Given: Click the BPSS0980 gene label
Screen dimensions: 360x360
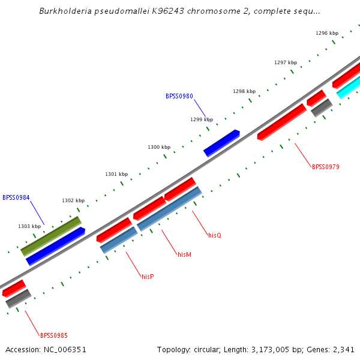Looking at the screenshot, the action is coord(179,96).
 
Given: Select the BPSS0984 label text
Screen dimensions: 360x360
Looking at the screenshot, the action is coord(16,197).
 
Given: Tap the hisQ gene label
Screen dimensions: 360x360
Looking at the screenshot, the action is coord(215,235).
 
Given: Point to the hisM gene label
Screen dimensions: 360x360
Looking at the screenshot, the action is coord(184,254).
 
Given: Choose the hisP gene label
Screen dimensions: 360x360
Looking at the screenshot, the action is coord(148,277).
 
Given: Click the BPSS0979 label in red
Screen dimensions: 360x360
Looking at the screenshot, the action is coord(326,167).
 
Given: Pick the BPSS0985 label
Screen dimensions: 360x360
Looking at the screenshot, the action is coord(54,335).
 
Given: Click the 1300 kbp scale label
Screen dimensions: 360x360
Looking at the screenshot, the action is coord(159,147).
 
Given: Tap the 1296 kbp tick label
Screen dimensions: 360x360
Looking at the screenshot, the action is coord(327,33).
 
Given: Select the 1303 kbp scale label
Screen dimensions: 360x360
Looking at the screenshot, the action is coord(29,226).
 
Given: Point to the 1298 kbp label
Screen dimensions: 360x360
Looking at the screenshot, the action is coord(244,91).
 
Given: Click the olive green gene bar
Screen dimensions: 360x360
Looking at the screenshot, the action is coord(51,236).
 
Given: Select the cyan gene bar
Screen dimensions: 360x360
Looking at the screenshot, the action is coord(348,88).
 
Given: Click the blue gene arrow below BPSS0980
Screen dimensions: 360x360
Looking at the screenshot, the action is coord(221,143).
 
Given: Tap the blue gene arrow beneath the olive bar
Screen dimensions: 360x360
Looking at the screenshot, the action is coord(55,246).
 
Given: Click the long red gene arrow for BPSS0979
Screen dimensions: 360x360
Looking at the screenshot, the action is coord(282,122).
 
